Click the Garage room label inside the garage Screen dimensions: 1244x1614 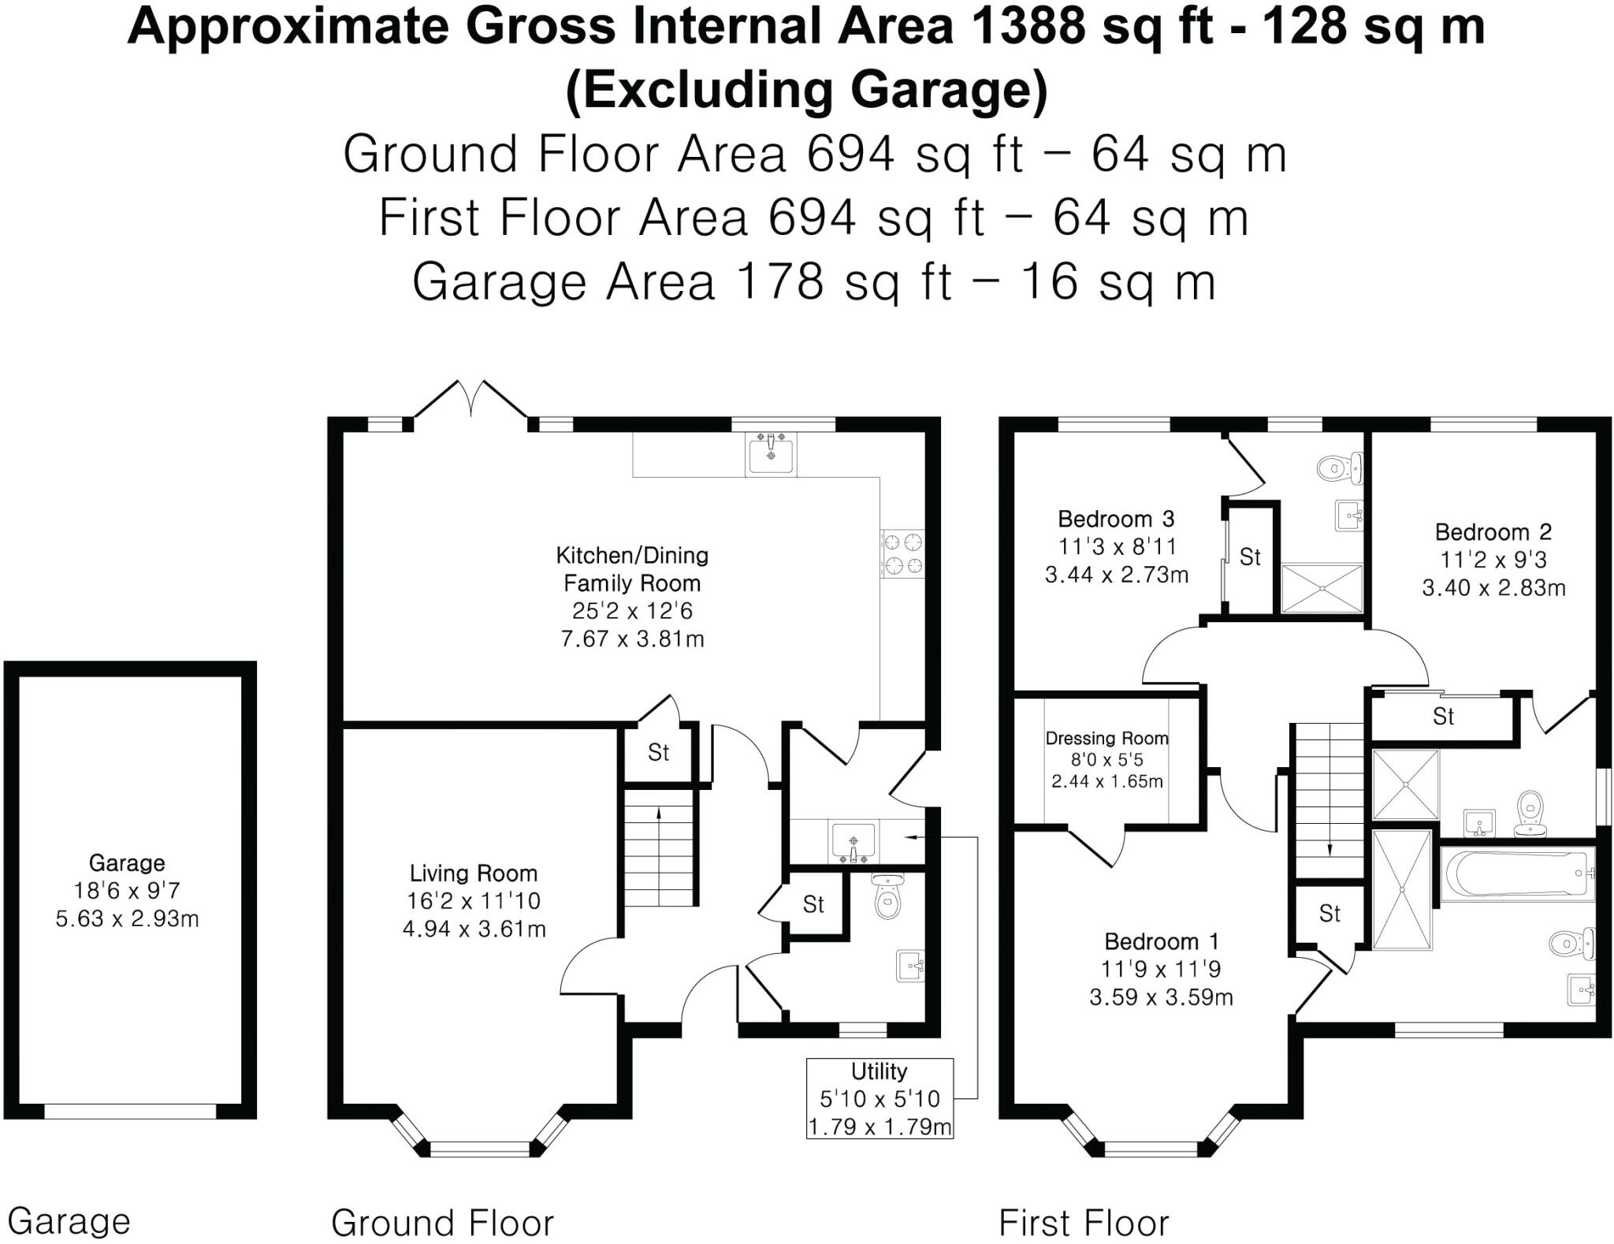(x=127, y=862)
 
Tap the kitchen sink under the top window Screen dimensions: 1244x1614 (x=770, y=455)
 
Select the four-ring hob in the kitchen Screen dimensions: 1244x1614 (x=902, y=553)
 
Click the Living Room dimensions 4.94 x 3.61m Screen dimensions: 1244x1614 (x=474, y=929)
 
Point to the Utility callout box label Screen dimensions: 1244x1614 (x=879, y=1071)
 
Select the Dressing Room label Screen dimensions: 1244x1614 (x=1106, y=738)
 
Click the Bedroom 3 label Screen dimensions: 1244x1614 (x=1115, y=519)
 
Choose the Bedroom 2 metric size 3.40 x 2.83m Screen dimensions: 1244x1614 (x=1493, y=588)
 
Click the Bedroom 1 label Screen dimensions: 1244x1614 (x=1161, y=941)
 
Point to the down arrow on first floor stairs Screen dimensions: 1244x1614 (x=1330, y=847)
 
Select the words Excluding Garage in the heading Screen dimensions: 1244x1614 (x=806, y=89)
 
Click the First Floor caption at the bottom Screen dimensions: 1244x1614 (x=1084, y=1223)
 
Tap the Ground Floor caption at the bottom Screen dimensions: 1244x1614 (x=442, y=1223)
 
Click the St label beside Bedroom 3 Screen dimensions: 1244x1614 (x=1250, y=557)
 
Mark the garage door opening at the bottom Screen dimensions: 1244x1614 (x=130, y=1111)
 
